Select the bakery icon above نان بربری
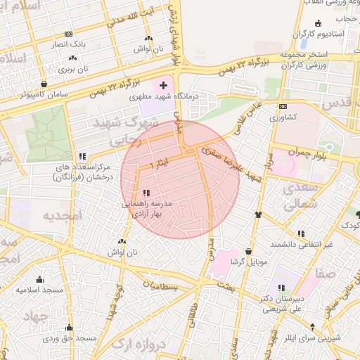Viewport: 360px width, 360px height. point(72,58)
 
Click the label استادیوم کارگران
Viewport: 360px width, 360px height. point(320,34)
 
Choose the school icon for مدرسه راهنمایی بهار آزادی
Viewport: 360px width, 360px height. point(146,192)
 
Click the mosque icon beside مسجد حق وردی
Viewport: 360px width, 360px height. point(69,328)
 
